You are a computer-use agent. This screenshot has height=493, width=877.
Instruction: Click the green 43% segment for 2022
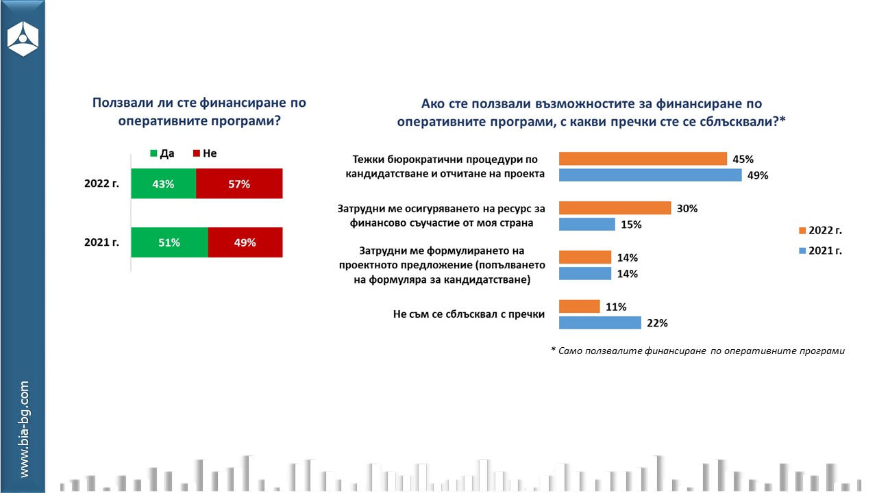(163, 184)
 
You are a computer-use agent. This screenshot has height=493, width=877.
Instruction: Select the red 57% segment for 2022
(239, 184)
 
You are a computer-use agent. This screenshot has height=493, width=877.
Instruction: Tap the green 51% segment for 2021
(169, 242)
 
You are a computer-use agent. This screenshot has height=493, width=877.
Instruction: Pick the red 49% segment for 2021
(245, 242)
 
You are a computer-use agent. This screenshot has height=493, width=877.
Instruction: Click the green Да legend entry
(161, 153)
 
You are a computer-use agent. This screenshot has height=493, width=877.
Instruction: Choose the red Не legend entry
(204, 153)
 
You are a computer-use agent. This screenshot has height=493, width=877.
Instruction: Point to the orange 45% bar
(643, 159)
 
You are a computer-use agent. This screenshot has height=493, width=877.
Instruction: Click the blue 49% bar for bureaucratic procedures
(650, 175)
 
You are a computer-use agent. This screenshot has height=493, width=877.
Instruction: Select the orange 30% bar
(615, 208)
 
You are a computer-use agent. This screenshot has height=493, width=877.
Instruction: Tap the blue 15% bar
(587, 225)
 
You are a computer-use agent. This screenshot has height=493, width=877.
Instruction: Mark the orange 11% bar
(580, 307)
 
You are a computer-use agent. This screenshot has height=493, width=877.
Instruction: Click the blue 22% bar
(600, 323)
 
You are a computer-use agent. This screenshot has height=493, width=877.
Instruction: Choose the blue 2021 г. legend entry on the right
(820, 251)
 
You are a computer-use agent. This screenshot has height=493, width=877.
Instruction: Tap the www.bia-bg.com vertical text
(24, 429)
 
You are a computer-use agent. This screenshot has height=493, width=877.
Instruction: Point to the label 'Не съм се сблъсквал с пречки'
(469, 315)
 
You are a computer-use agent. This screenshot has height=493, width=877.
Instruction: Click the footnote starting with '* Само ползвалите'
(697, 351)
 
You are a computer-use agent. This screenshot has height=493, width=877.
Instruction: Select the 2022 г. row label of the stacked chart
(102, 184)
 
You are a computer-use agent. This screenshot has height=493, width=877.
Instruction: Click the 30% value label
(687, 209)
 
